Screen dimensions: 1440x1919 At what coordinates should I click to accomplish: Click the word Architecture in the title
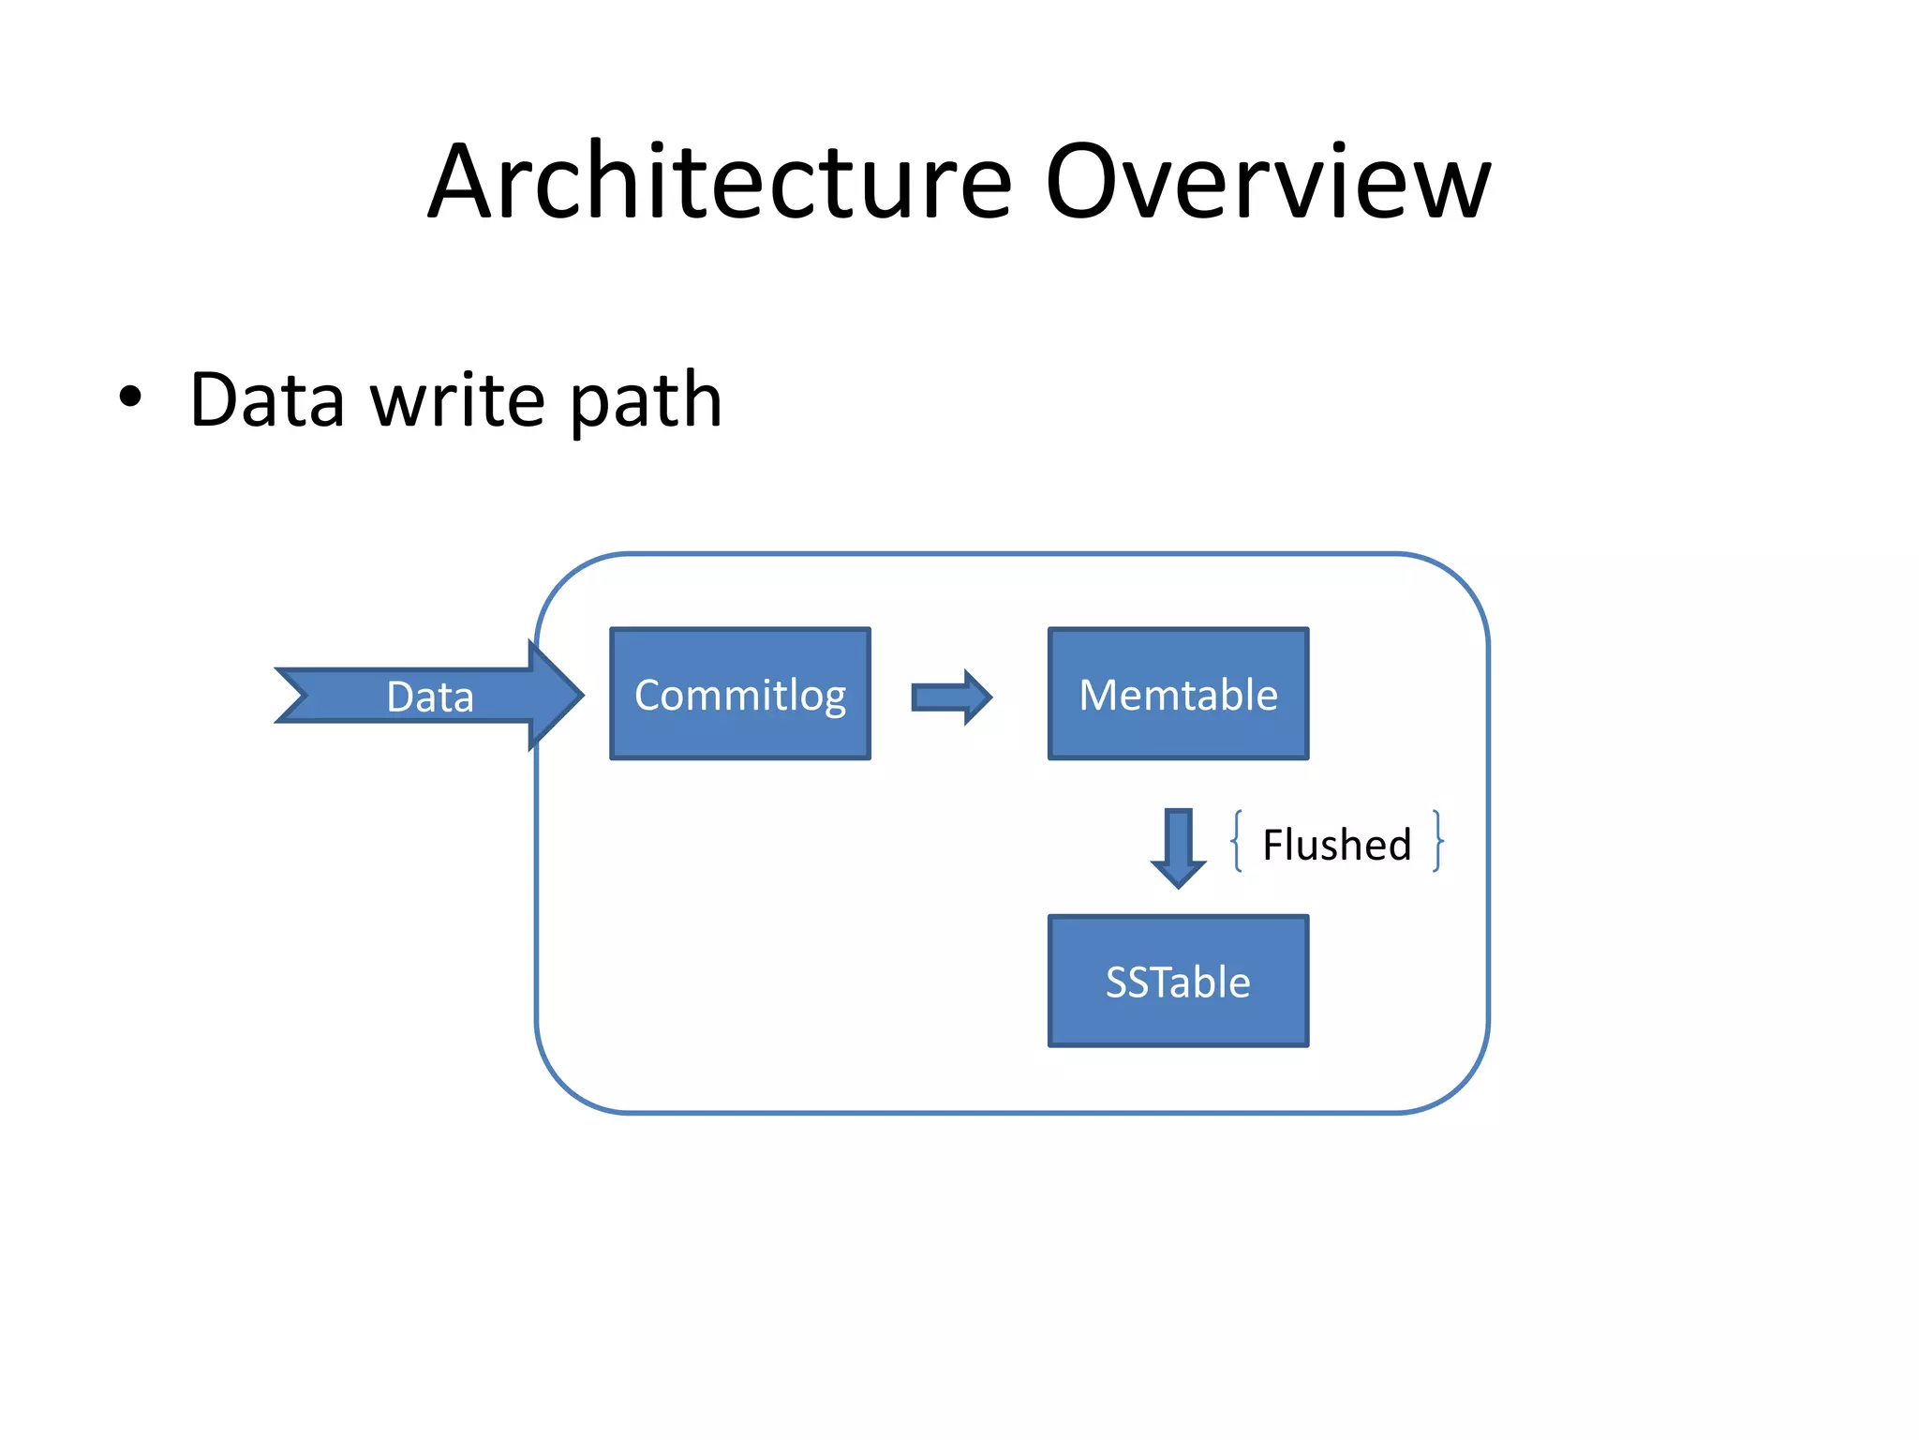(720, 183)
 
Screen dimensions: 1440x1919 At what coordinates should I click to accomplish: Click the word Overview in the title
(1267, 183)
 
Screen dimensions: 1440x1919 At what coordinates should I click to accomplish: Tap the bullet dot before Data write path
(130, 397)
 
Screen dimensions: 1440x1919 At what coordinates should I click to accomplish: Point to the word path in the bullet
(646, 403)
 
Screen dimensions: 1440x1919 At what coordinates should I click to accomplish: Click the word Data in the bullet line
(267, 400)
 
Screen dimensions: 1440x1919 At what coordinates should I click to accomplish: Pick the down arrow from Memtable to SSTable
(1178, 847)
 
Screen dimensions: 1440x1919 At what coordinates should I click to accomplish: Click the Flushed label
(1336, 845)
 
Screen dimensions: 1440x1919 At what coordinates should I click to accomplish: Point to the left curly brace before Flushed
(1238, 841)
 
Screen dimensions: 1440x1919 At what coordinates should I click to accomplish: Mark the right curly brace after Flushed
(1437, 841)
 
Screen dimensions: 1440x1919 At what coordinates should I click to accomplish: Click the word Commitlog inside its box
(740, 696)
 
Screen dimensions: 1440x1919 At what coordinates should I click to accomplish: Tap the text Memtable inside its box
(1178, 696)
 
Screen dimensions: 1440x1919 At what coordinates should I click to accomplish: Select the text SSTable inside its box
(1178, 982)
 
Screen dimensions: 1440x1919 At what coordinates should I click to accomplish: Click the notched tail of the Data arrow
(295, 696)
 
